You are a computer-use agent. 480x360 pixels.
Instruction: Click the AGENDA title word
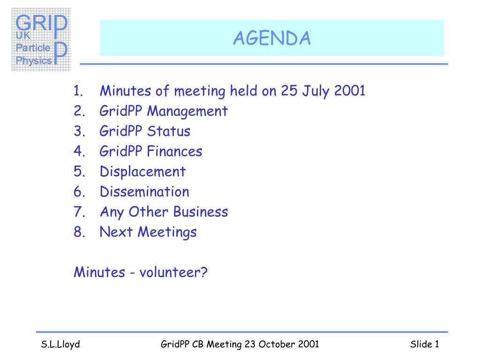click(272, 38)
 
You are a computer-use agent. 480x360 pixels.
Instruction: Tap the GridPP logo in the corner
click(41, 40)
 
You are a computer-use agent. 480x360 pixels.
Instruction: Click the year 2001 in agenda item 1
click(350, 90)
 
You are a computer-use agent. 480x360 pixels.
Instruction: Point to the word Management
click(187, 112)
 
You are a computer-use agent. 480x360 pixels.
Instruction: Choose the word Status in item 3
click(169, 131)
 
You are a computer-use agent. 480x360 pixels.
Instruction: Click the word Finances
click(174, 151)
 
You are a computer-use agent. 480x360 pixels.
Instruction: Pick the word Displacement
click(142, 172)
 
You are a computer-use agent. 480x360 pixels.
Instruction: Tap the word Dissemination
click(144, 192)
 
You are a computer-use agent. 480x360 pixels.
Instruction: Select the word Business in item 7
click(201, 212)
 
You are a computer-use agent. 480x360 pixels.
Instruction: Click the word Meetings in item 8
click(167, 232)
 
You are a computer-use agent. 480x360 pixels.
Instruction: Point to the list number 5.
click(79, 172)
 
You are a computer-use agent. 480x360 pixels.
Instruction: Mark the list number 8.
click(79, 232)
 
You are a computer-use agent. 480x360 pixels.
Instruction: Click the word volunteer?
click(173, 272)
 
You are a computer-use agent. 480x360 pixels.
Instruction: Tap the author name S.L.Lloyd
click(60, 345)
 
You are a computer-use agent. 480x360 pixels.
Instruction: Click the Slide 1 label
click(425, 344)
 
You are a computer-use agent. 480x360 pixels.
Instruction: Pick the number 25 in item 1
click(289, 90)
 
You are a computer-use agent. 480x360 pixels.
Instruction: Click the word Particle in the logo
click(33, 48)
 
